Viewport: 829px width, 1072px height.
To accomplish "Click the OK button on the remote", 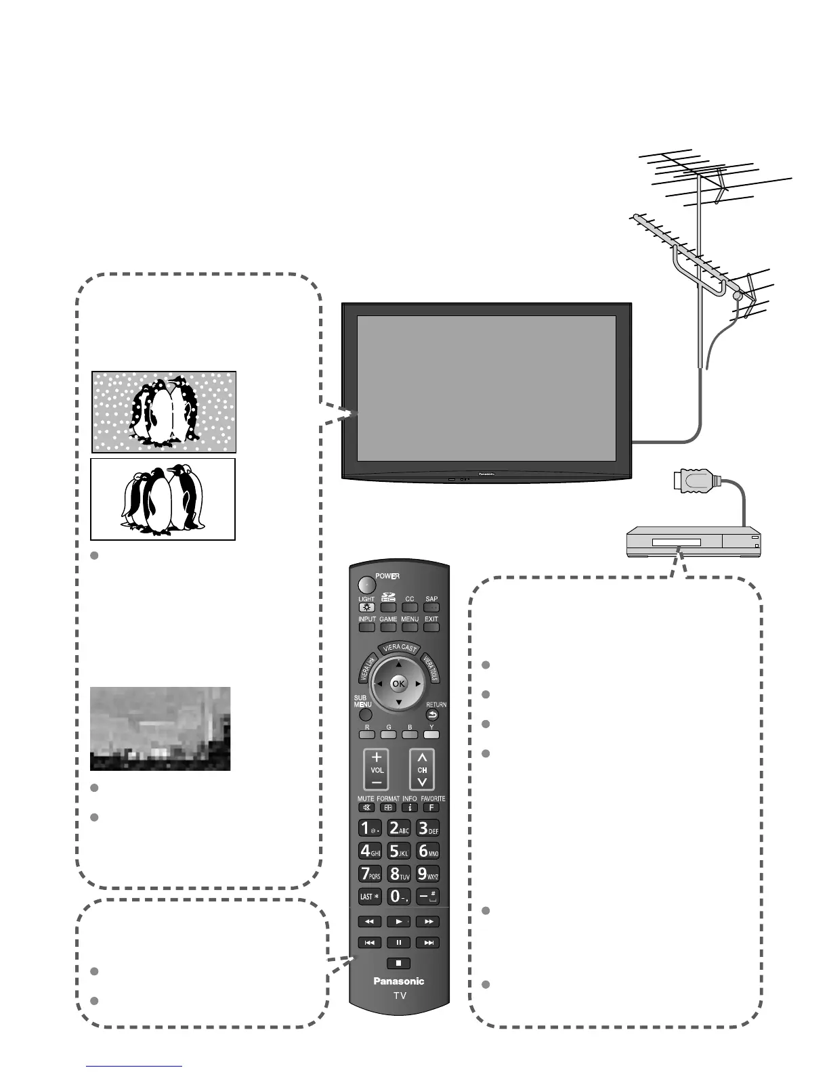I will [x=398, y=684].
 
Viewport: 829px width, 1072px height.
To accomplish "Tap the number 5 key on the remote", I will [x=399, y=849].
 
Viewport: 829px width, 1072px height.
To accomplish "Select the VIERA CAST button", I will [x=399, y=648].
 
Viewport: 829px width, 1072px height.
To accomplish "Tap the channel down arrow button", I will [x=422, y=782].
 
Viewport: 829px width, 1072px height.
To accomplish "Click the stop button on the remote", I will [x=399, y=963].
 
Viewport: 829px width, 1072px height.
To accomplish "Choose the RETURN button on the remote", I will [x=433, y=715].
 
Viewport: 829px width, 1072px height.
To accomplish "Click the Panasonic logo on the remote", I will [x=399, y=981].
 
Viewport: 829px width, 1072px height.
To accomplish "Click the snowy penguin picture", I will [x=164, y=411].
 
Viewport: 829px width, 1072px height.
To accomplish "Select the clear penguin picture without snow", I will [x=163, y=499].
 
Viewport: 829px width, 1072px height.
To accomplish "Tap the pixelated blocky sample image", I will [x=160, y=729].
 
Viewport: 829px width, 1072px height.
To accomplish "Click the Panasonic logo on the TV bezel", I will [x=487, y=474].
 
